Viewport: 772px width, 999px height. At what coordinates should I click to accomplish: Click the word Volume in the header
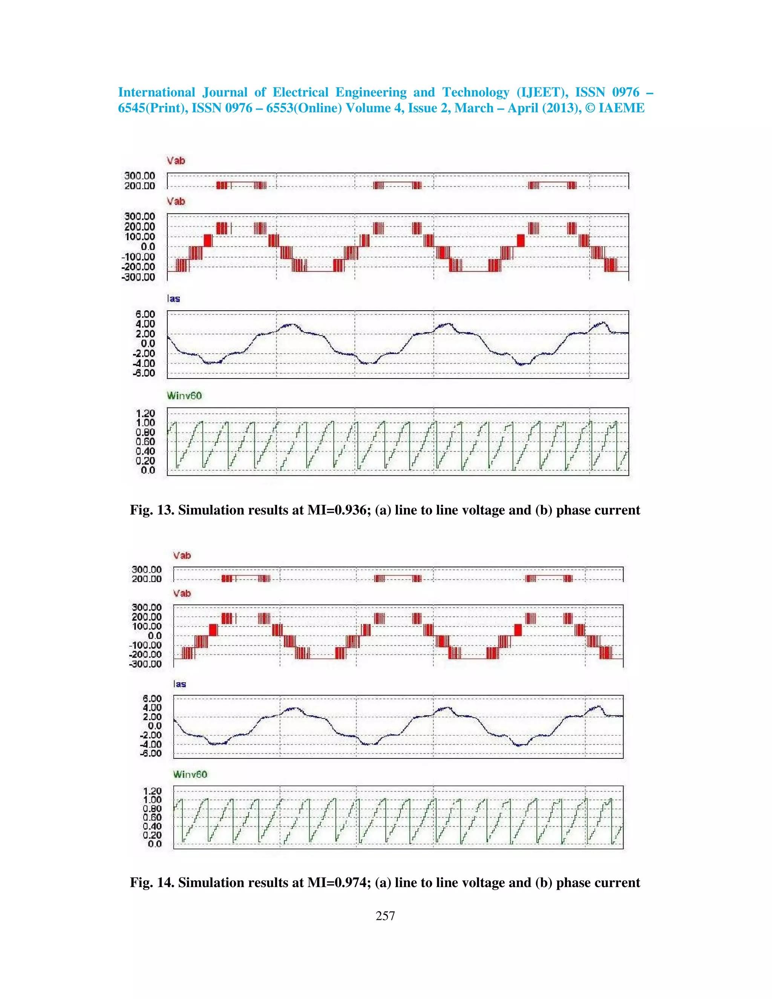[x=369, y=109]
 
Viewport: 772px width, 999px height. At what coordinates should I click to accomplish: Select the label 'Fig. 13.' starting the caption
[x=152, y=510]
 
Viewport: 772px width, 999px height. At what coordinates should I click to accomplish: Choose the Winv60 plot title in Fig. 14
[x=190, y=774]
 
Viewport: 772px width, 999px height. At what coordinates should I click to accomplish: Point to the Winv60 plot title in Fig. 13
[x=184, y=396]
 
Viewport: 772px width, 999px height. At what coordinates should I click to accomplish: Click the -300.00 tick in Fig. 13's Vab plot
[x=138, y=277]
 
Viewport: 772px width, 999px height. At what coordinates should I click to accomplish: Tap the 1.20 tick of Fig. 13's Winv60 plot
[x=145, y=414]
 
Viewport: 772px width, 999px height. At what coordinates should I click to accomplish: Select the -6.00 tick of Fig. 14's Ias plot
[x=151, y=753]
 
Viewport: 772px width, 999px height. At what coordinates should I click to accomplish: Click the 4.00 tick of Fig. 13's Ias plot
[x=145, y=324]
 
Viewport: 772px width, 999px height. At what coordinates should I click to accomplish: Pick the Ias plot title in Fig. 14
[x=180, y=684]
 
